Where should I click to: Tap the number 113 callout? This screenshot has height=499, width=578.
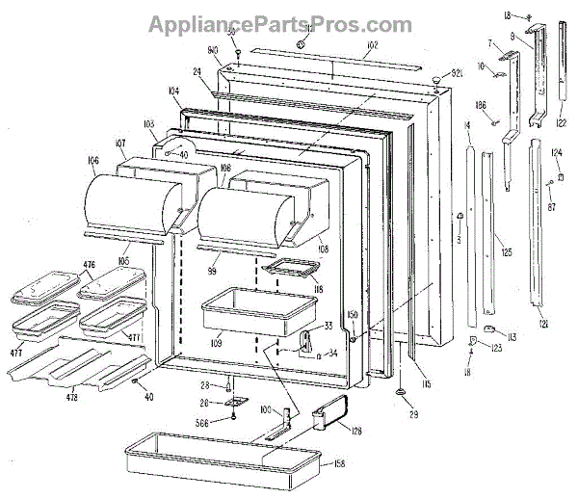512,336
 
